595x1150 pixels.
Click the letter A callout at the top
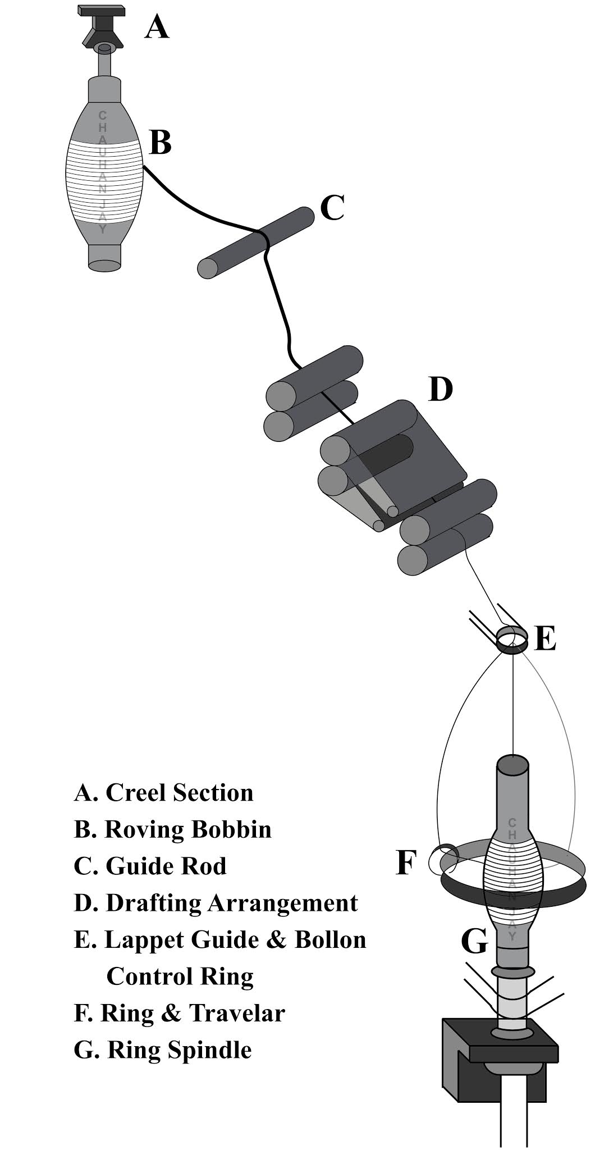tap(157, 27)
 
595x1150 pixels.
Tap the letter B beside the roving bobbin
tap(161, 143)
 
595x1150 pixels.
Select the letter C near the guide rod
tap(332, 208)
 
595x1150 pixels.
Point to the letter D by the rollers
tap(440, 389)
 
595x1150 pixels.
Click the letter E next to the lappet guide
tap(545, 638)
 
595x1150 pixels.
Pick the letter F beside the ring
tap(406, 863)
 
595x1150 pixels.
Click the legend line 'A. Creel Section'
tap(163, 792)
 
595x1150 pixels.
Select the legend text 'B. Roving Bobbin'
tap(172, 829)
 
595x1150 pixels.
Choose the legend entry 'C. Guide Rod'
tap(150, 865)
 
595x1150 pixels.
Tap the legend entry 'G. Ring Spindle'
tap(163, 1049)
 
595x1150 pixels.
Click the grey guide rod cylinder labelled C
tap(255, 242)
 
